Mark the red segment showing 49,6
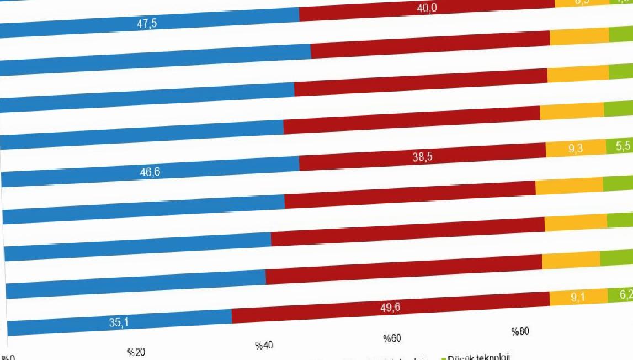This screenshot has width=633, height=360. point(391,307)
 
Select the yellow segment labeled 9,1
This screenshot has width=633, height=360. point(578,298)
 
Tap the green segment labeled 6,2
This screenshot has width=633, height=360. point(620,295)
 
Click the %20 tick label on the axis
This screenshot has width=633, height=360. point(136,352)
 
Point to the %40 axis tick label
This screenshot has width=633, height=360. point(264,345)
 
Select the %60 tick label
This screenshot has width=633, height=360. point(392,338)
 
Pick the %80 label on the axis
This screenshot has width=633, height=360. point(520,331)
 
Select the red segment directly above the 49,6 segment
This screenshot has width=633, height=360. point(404,270)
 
